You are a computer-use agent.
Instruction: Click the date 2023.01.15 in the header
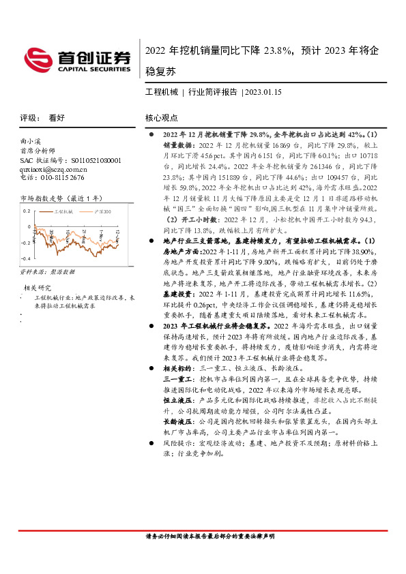click(x=264, y=91)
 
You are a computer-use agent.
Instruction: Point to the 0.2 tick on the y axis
click(x=26, y=210)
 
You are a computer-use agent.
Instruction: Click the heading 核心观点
click(x=162, y=117)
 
